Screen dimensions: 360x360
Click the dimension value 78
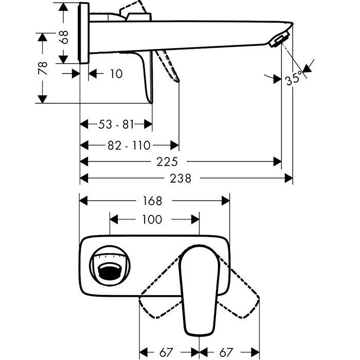point(43,67)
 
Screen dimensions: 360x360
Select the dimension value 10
point(116,74)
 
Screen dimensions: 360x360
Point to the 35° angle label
point(294,79)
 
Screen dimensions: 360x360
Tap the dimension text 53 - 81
point(116,124)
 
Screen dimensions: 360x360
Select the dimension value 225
point(167,161)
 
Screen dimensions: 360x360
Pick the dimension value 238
point(181,178)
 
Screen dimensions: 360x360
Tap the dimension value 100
point(151,220)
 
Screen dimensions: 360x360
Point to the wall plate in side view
point(84,33)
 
